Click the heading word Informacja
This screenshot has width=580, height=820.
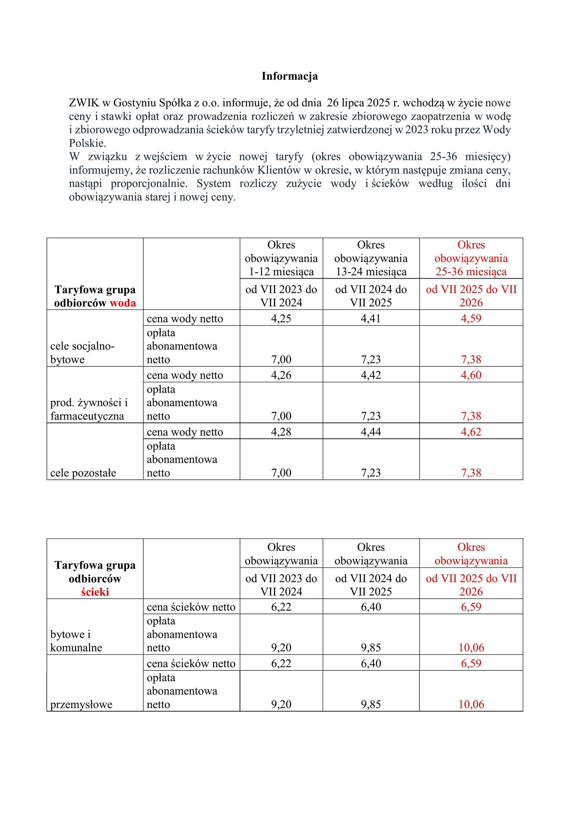[x=290, y=76]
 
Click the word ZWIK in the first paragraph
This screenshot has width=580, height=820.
[x=84, y=103]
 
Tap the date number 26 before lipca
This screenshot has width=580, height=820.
[x=333, y=103]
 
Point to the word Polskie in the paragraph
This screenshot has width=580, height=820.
[x=87, y=143]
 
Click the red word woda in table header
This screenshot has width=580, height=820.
[x=123, y=303]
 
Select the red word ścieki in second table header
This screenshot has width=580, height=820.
[x=95, y=592]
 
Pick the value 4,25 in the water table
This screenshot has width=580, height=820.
[x=281, y=319]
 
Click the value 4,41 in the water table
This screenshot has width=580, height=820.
[x=371, y=319]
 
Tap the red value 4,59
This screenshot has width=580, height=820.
[x=471, y=319]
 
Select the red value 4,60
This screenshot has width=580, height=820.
[x=471, y=375]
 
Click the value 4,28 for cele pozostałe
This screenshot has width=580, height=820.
[x=281, y=432]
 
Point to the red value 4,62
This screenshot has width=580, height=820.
[x=471, y=432]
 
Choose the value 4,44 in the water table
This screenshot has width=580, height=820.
[x=371, y=432]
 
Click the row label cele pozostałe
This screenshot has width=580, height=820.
[x=83, y=473]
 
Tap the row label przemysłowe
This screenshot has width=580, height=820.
[x=81, y=704]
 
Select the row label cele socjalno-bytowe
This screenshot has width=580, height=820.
[x=82, y=353]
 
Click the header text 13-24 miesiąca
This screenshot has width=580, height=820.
[x=371, y=272]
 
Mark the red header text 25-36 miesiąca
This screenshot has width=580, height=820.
[x=471, y=272]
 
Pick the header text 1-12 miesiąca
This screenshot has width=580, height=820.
[x=281, y=272]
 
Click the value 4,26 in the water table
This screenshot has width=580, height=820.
[x=281, y=375]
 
